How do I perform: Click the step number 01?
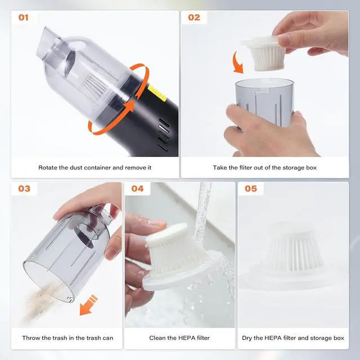[x=24, y=17]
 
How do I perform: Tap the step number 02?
[x=194, y=17]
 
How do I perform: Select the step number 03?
[x=24, y=188]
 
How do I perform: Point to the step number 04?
[x=137, y=188]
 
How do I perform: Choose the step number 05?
[x=251, y=188]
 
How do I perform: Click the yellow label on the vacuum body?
[x=157, y=93]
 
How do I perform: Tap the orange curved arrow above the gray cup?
[x=237, y=62]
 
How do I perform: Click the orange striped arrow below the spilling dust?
[x=88, y=305]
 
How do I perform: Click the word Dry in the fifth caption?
[x=247, y=338]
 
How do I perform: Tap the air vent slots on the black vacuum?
[x=164, y=134]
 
